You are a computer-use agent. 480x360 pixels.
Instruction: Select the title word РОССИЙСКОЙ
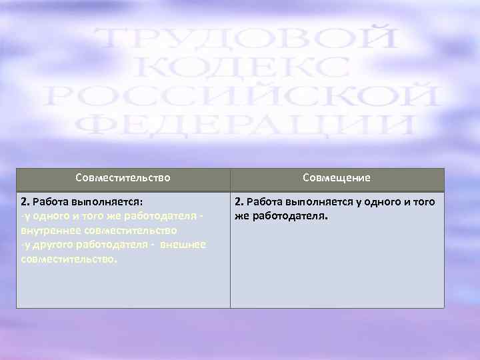click(x=241, y=97)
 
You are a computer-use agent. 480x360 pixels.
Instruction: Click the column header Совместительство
click(x=123, y=178)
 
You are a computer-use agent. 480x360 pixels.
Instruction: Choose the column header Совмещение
click(x=337, y=178)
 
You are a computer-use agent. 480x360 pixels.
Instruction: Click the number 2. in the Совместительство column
click(x=25, y=201)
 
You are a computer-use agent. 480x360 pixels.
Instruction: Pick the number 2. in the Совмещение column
click(x=239, y=201)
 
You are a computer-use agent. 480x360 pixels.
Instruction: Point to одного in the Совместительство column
click(x=49, y=216)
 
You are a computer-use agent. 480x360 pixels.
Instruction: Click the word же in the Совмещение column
click(x=241, y=216)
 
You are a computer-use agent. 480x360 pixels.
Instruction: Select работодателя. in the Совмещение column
click(x=289, y=216)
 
